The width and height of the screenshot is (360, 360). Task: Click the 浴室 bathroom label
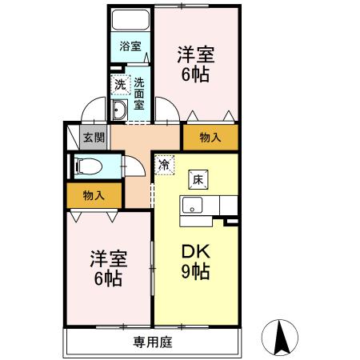(x=130, y=46)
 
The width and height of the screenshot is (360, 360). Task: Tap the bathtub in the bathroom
(x=130, y=20)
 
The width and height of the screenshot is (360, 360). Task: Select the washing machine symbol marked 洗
(x=119, y=83)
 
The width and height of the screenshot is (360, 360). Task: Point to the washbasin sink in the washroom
(x=120, y=110)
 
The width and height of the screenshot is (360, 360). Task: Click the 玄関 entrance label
(x=94, y=138)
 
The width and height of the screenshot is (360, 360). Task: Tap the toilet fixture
(x=87, y=166)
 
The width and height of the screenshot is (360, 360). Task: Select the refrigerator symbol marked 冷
(x=163, y=165)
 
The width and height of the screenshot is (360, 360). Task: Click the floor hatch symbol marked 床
(x=197, y=178)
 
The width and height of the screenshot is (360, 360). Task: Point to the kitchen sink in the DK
(x=192, y=206)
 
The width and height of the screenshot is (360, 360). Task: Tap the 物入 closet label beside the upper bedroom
(x=210, y=138)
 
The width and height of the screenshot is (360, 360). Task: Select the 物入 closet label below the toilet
(x=94, y=194)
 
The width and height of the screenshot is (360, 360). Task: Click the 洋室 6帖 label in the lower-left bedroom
(x=106, y=269)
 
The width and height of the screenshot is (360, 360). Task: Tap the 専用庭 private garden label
(x=152, y=342)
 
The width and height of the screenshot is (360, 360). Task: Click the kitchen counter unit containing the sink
(x=206, y=206)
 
